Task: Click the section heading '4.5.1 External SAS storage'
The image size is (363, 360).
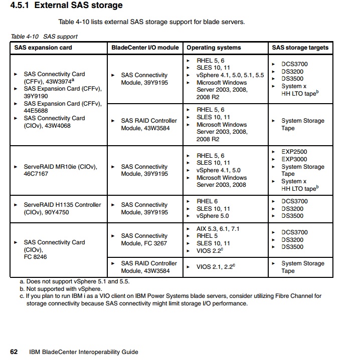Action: pyautogui.click(x=66, y=6)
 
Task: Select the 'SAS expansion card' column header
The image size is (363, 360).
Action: pyautogui.click(x=43, y=48)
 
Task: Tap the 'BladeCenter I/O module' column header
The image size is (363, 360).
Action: pyautogui.click(x=144, y=48)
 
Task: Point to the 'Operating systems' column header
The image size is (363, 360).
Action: pyautogui.click(x=214, y=48)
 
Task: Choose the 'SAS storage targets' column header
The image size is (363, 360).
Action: pyautogui.click(x=300, y=48)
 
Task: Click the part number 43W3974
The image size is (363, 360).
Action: pyautogui.click(x=59, y=81)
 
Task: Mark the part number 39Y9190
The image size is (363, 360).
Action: pyautogui.click(x=36, y=96)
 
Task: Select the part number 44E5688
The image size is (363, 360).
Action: pyautogui.click(x=36, y=111)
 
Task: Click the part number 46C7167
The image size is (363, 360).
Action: pyautogui.click(x=36, y=174)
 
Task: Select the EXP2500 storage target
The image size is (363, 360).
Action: pyautogui.click(x=294, y=152)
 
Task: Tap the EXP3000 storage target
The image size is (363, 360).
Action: pyautogui.click(x=294, y=159)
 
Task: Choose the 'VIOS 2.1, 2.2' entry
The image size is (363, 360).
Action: pyautogui.click(x=216, y=267)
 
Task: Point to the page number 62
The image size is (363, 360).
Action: pyautogui.click(x=14, y=351)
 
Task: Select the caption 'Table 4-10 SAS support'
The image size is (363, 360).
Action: pyautogui.click(x=44, y=37)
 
